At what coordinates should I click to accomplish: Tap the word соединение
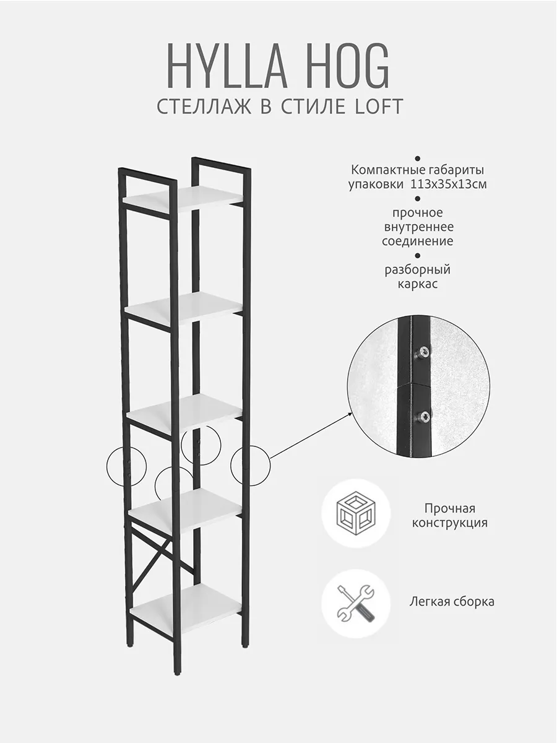[418, 241]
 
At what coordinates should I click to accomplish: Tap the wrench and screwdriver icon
[355, 601]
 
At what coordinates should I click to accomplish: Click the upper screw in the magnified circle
[424, 354]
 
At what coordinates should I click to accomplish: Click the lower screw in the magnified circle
[424, 417]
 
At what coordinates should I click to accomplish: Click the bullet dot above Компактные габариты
[418, 158]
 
